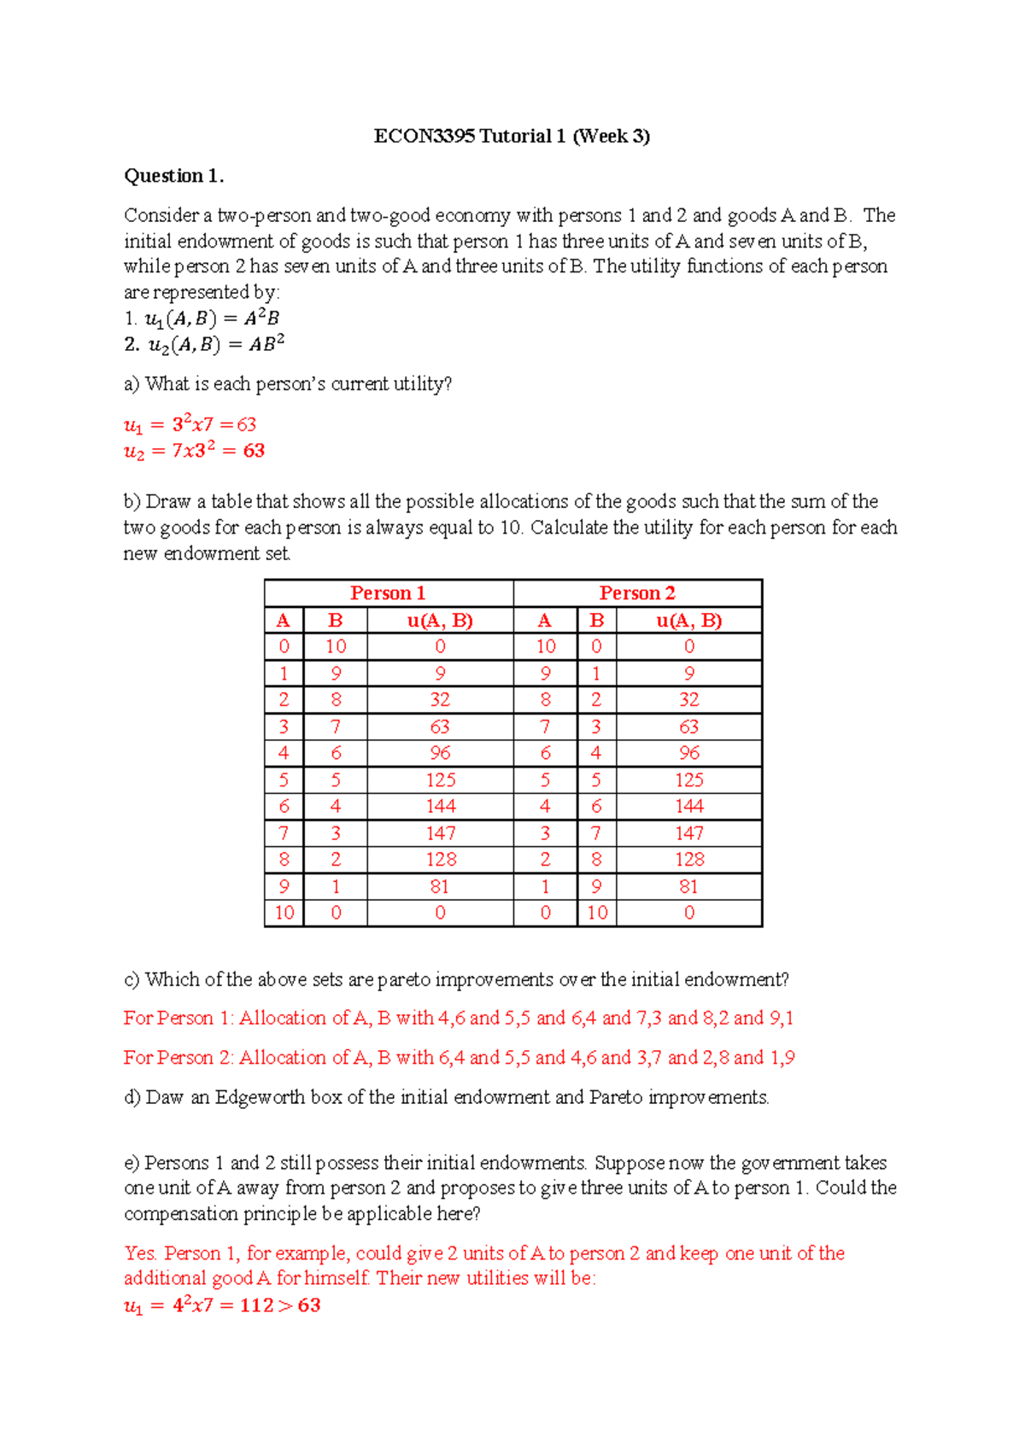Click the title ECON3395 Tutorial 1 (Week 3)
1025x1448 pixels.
(x=512, y=136)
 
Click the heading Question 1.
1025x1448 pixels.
(x=173, y=176)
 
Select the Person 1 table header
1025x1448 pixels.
(x=388, y=593)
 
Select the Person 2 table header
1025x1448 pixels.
(x=637, y=593)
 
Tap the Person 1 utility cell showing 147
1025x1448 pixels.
(x=441, y=833)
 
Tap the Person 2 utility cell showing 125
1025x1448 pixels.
(x=688, y=780)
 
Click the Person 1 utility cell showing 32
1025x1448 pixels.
(x=440, y=700)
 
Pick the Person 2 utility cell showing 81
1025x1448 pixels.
(x=688, y=886)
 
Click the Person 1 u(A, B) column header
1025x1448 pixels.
(x=440, y=621)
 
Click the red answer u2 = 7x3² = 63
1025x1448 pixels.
(x=194, y=451)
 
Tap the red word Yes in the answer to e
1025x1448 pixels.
(x=139, y=1253)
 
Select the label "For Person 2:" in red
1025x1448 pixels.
(x=179, y=1058)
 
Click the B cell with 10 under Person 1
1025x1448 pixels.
(x=336, y=647)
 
